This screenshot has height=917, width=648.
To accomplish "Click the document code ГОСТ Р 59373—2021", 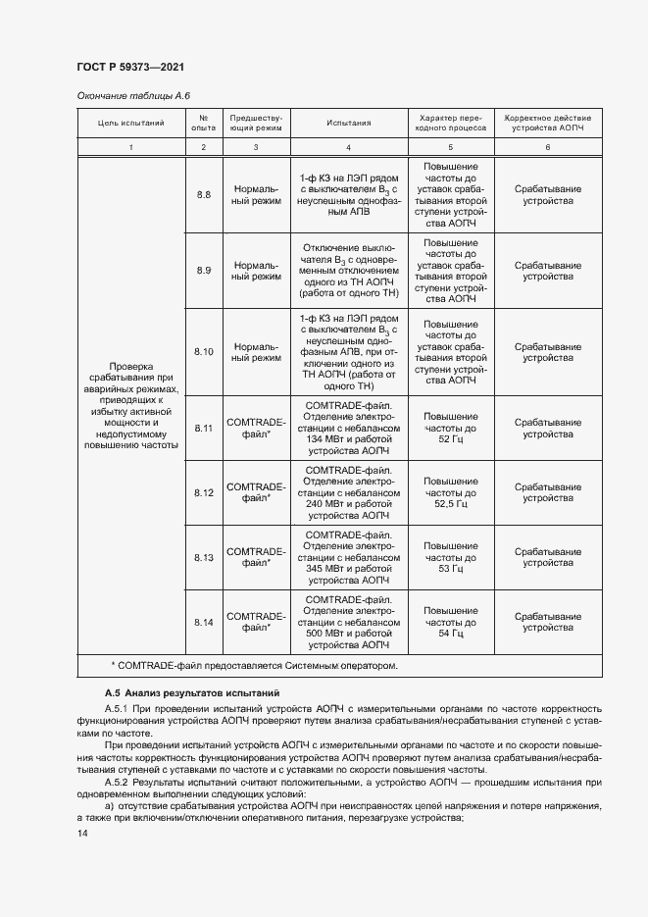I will coord(130,67).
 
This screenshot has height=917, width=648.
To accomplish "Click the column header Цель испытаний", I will coord(131,123).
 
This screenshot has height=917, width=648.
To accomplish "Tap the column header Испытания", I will coord(349,123).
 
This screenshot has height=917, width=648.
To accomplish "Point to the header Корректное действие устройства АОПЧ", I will coord(548,123).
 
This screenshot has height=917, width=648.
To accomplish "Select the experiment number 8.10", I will coord(204,352).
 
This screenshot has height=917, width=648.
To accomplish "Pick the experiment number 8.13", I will coord(204,557).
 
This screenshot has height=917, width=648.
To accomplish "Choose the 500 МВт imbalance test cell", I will coord(349,622).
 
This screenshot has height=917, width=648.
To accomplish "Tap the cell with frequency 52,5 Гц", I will coord(451,492).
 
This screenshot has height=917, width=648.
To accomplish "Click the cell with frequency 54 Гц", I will coord(451,622).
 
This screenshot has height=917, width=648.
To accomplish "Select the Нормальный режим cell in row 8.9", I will coord(256,271).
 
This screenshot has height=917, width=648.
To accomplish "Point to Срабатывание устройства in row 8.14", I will coord(548,622).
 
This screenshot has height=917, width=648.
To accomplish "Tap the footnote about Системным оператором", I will coord(255,666).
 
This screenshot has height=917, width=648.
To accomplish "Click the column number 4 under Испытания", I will coord(349,146).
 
